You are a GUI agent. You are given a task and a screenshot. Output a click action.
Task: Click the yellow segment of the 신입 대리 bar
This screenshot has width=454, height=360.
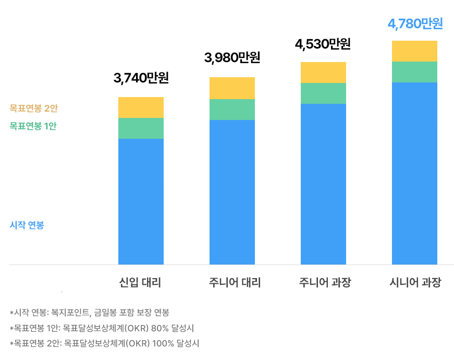tap(141, 107)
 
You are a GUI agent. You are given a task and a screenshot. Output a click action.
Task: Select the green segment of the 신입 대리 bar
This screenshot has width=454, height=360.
tap(141, 128)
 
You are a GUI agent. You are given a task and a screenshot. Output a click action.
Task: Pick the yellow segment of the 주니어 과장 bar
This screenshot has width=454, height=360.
tap(323, 73)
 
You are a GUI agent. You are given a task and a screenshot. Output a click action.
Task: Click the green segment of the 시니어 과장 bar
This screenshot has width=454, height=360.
tap(414, 72)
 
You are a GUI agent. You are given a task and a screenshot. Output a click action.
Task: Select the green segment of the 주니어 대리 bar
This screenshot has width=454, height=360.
tap(232, 110)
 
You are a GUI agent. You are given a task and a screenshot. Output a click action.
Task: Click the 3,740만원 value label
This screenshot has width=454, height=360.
tap(141, 78)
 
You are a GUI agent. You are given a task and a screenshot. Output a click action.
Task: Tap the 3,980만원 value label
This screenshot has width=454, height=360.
tap(232, 58)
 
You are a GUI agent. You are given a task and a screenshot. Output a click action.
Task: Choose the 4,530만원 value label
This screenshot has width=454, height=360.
tap(323, 44)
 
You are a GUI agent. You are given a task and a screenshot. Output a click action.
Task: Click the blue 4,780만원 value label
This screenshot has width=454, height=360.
tap(415, 24)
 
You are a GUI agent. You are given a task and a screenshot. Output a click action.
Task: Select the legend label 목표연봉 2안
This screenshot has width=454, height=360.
tap(33, 109)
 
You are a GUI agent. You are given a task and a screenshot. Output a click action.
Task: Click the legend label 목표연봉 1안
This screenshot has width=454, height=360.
tap(33, 126)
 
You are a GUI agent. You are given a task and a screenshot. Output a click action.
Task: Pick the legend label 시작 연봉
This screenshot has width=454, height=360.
tap(27, 225)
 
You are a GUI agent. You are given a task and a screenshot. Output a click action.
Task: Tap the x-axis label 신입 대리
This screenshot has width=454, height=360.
tap(140, 283)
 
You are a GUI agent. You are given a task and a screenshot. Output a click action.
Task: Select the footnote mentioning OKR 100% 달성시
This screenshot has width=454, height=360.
tap(104, 343)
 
